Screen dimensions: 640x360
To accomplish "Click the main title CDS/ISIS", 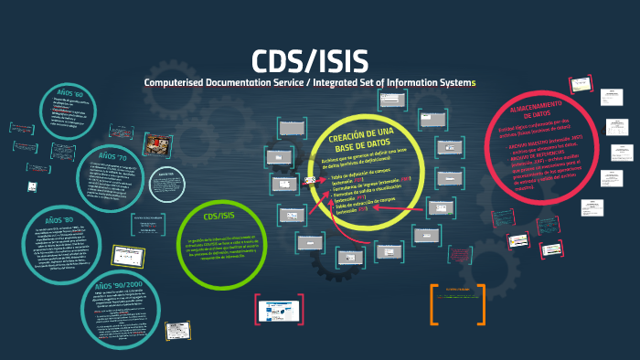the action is coord(310,61).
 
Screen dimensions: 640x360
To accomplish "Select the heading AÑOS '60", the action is coord(70,94).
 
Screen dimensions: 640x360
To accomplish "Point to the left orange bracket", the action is coord(432,304).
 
